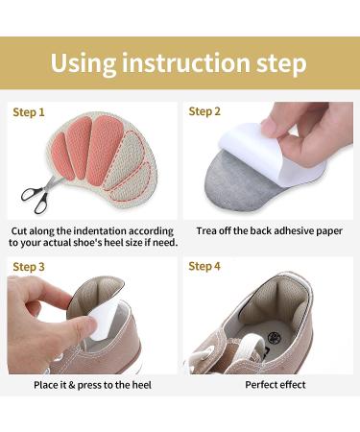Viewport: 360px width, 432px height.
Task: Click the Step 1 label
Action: coord(29,112)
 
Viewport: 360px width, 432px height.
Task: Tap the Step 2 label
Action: coord(204,111)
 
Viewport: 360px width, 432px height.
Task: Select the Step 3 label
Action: coord(29,266)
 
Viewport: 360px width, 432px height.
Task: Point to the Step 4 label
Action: coord(204,266)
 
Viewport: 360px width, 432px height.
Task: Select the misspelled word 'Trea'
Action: coord(208,231)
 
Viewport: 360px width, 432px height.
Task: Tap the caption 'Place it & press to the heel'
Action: coord(92,385)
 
